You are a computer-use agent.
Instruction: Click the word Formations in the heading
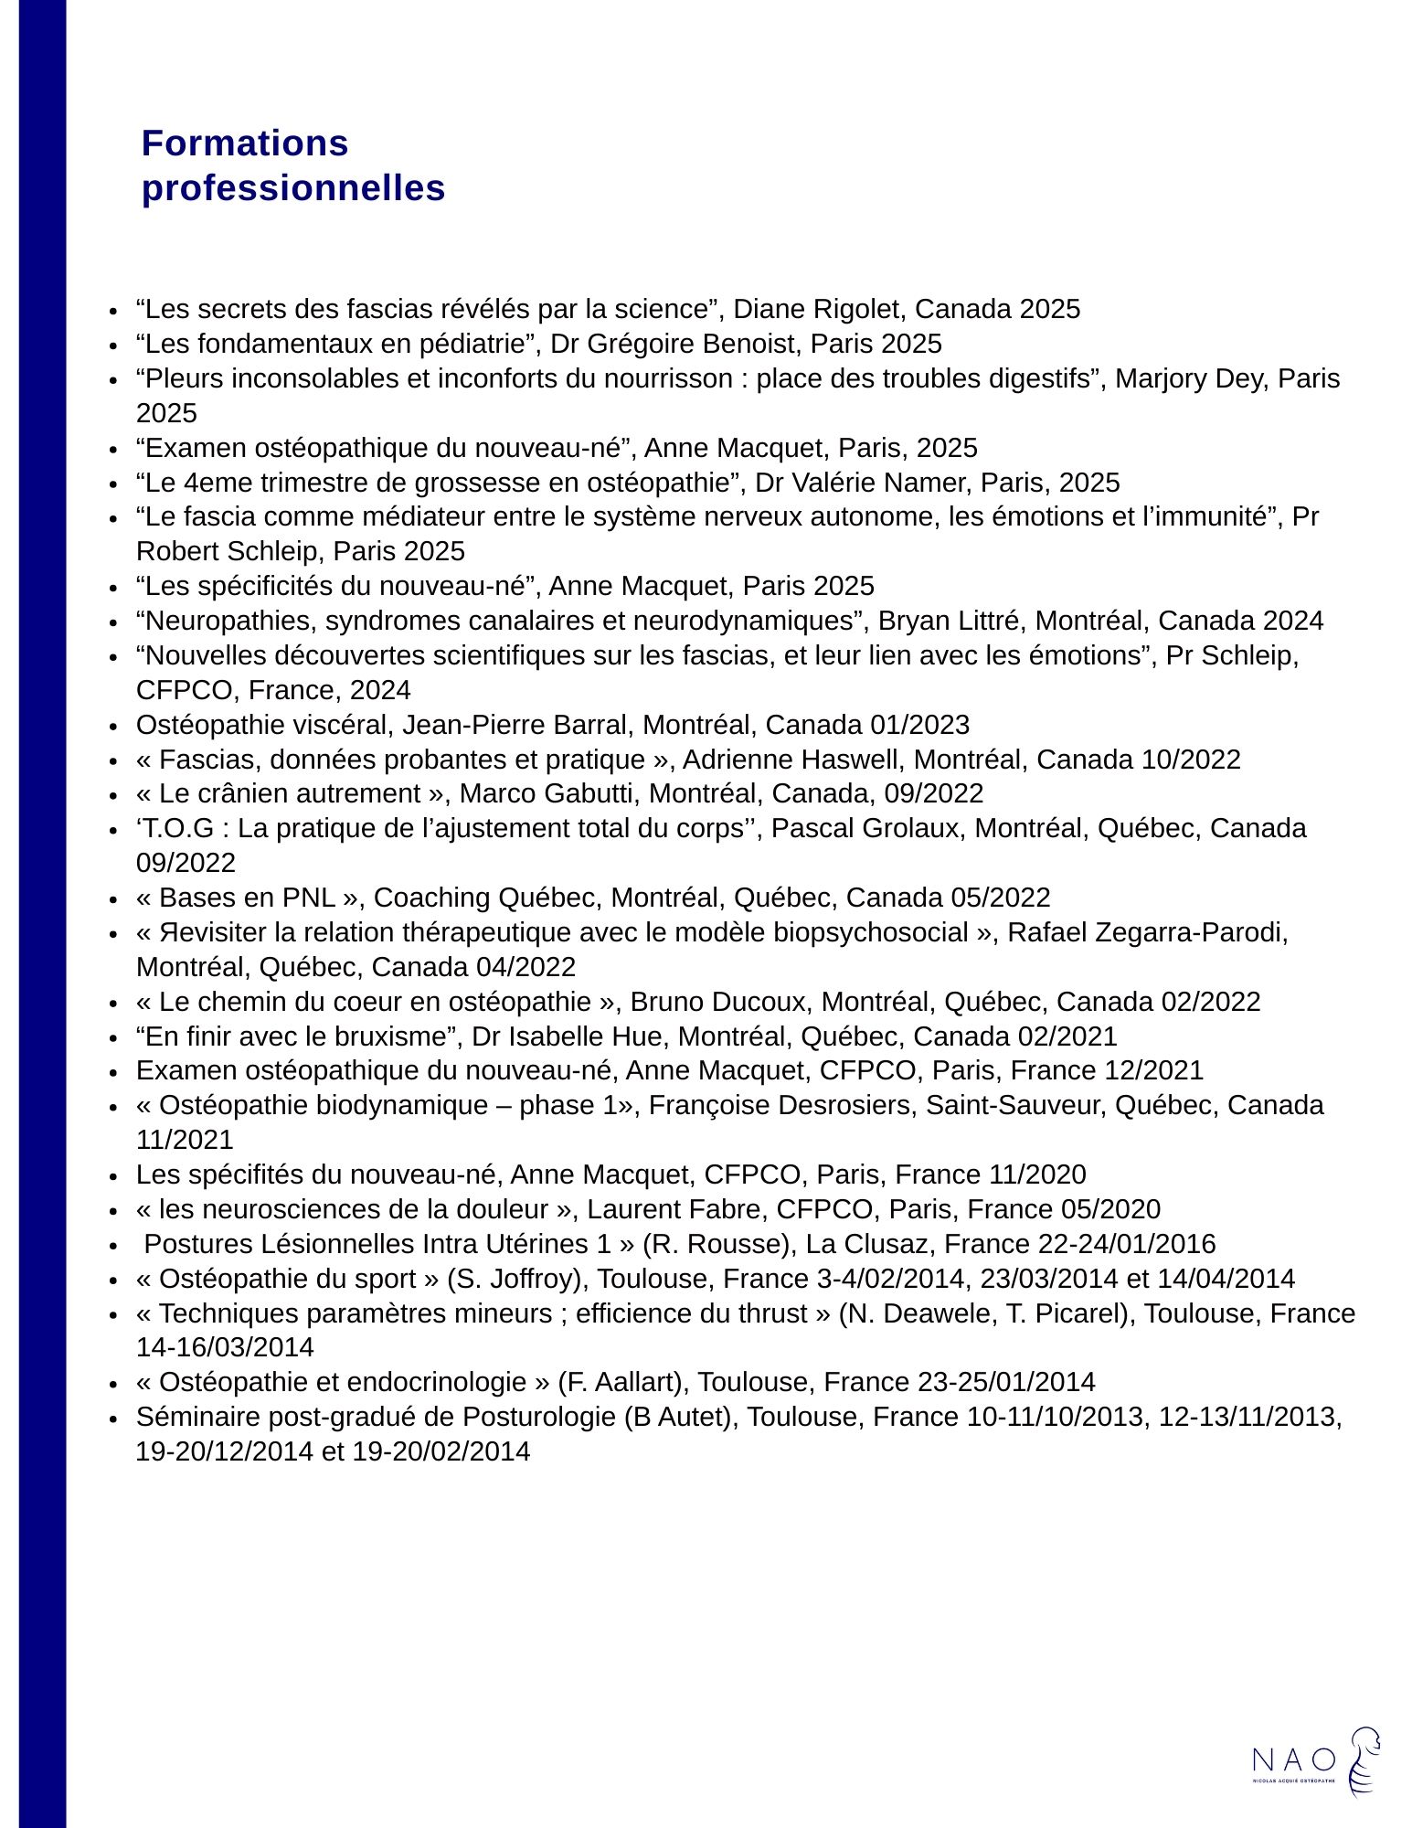pos(245,143)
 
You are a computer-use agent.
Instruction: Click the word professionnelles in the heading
pos(293,188)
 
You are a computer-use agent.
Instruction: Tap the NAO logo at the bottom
pos(1315,1761)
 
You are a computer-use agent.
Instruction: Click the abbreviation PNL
pos(309,898)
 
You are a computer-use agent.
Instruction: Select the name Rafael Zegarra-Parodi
pos(1147,932)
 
